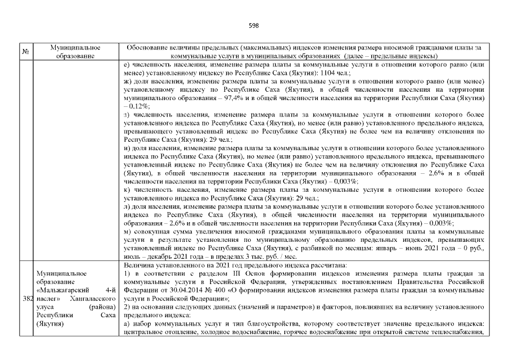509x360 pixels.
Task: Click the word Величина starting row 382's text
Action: point(138,265)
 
